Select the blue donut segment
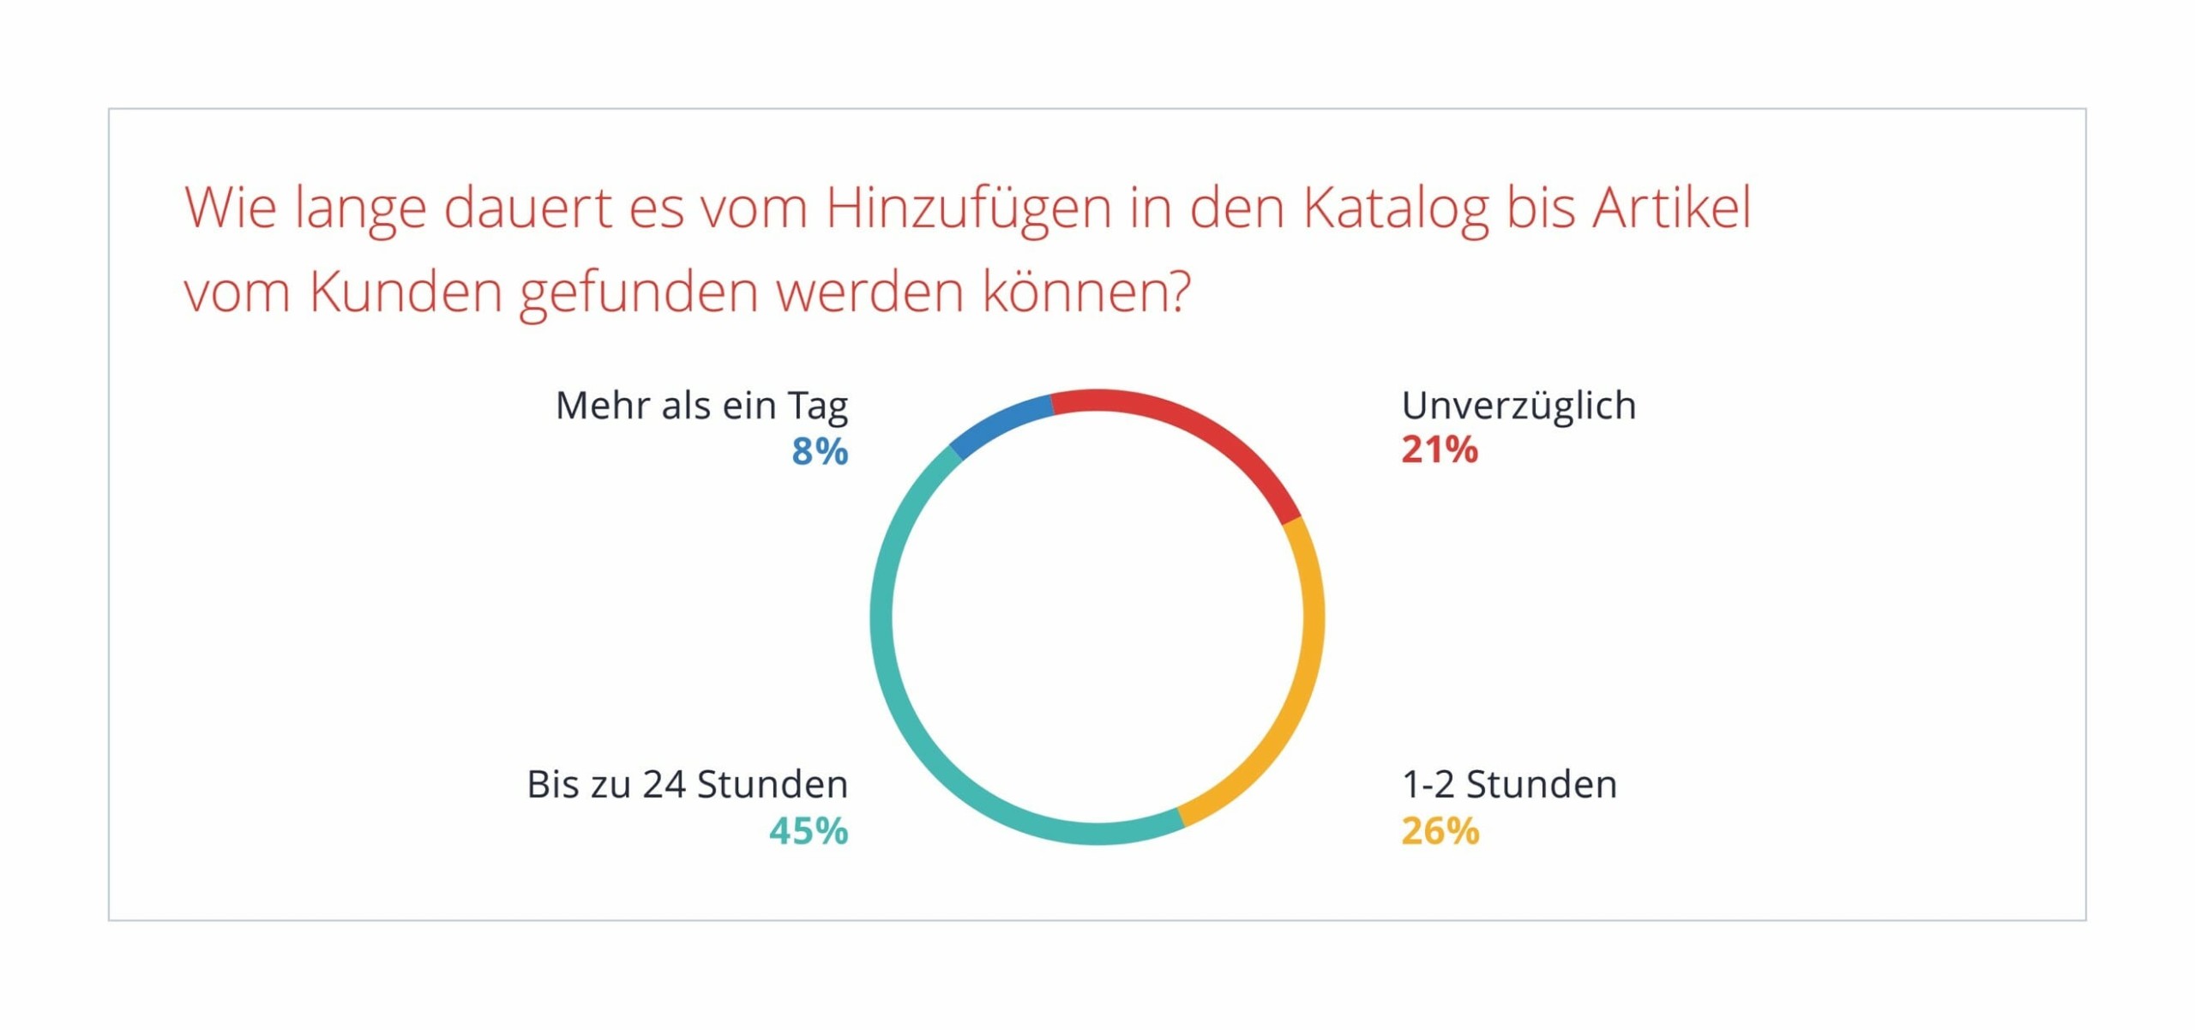point(1000,424)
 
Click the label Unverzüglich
point(1518,406)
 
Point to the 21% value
point(1440,450)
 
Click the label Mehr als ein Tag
point(701,406)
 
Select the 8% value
point(820,452)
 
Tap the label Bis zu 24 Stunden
point(687,785)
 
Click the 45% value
point(809,831)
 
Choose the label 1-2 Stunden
point(1509,785)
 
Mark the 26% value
point(1440,831)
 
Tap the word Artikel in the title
point(1672,208)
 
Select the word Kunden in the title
point(406,292)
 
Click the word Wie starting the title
point(231,208)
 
